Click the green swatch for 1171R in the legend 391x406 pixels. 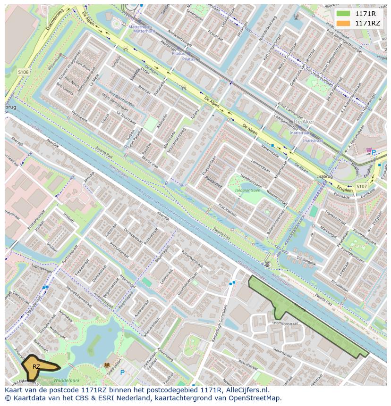coord(343,13)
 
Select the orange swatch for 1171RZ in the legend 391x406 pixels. coord(343,23)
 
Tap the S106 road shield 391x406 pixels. coord(23,72)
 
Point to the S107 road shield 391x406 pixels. coord(361,186)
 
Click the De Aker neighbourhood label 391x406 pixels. coord(304,122)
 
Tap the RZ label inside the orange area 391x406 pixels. coord(36,366)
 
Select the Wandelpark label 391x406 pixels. coord(66,380)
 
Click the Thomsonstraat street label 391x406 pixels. coord(285,324)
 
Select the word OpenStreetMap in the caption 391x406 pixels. coord(255,398)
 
